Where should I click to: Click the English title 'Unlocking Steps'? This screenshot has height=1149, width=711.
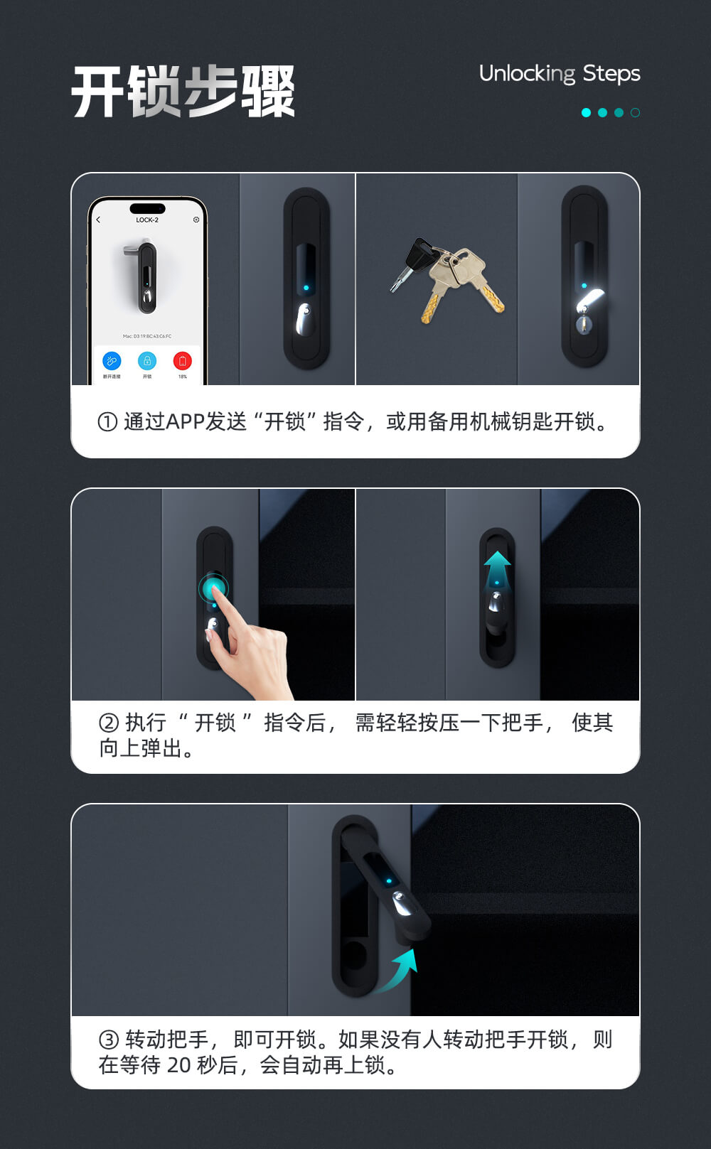(560, 74)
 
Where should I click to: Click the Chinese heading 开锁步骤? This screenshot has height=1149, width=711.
(183, 92)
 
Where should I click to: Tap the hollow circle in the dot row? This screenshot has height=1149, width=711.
(635, 112)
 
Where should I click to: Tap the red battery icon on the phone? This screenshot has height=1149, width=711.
(182, 361)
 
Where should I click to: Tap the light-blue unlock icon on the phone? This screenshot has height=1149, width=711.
(147, 361)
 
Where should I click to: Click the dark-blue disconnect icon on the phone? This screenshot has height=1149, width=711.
(112, 361)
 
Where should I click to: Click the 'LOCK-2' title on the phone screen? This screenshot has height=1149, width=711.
(147, 220)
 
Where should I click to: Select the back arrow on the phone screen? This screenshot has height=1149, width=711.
(99, 220)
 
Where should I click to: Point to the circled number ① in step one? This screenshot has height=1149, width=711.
(107, 422)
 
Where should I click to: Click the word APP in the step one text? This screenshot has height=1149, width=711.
(185, 422)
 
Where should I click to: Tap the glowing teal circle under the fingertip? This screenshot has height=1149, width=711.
(213, 588)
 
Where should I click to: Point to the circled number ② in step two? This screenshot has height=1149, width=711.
(109, 723)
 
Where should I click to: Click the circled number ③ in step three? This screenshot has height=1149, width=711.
(109, 1040)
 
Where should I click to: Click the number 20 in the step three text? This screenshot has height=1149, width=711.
(179, 1065)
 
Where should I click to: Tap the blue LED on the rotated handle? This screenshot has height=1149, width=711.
(389, 882)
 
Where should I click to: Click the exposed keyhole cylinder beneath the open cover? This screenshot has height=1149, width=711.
(584, 325)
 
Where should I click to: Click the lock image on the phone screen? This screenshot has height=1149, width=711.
(144, 277)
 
